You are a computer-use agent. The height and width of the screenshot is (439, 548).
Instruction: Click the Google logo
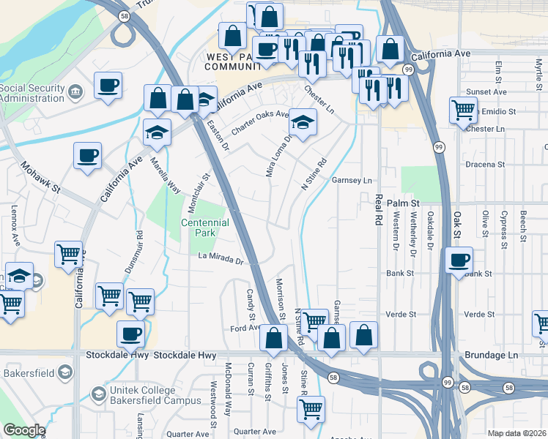[24, 430]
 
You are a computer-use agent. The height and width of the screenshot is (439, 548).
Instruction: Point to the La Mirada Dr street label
[220, 258]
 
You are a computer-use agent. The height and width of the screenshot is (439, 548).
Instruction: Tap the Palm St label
[403, 202]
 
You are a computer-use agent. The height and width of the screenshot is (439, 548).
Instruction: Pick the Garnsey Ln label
[352, 180]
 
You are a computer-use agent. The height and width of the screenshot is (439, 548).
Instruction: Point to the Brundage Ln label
[491, 355]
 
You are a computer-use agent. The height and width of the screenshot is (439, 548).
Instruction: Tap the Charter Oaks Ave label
[260, 121]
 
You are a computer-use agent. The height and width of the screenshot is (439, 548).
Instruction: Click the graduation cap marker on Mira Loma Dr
[303, 121]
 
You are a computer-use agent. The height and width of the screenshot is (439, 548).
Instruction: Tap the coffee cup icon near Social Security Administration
[108, 85]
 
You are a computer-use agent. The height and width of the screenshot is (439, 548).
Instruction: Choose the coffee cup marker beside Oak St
[459, 260]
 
